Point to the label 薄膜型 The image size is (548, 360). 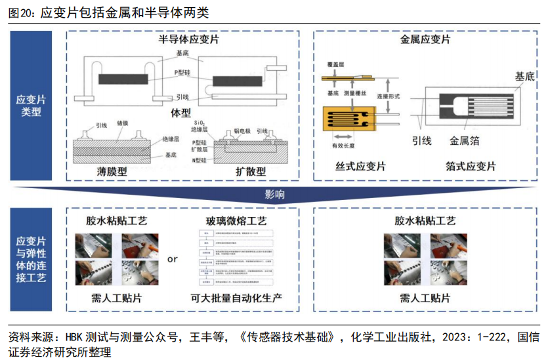(112, 171)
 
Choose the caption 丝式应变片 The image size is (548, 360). (360, 167)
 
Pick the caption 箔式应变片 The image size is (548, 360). (471, 167)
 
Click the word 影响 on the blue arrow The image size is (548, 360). (275, 195)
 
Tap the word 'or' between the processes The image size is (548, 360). (172, 259)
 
